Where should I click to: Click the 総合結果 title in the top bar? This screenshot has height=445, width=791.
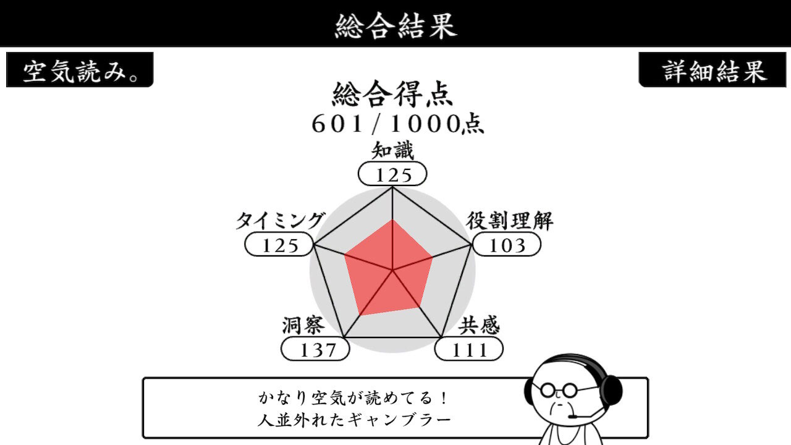(395, 25)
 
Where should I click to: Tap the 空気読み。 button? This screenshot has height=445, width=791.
(80, 70)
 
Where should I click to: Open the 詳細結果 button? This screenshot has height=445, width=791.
(713, 70)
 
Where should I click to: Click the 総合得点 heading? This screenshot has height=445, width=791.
(392, 94)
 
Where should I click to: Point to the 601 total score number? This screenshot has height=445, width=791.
(337, 124)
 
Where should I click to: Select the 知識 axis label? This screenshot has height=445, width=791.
(392, 151)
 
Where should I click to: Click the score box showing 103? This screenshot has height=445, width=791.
(507, 244)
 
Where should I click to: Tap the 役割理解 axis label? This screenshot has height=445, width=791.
(510, 221)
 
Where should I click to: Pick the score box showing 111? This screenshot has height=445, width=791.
(469, 349)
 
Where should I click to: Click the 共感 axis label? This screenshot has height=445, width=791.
(479, 325)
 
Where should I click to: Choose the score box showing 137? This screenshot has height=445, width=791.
(315, 349)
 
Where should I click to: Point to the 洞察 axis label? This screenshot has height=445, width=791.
(303, 325)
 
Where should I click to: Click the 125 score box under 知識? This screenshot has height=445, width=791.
(392, 174)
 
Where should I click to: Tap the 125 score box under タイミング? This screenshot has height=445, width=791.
(279, 244)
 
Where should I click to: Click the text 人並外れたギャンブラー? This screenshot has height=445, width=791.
(354, 420)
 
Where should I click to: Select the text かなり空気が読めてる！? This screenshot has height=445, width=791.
(353, 398)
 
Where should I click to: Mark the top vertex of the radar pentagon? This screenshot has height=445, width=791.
(392, 187)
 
